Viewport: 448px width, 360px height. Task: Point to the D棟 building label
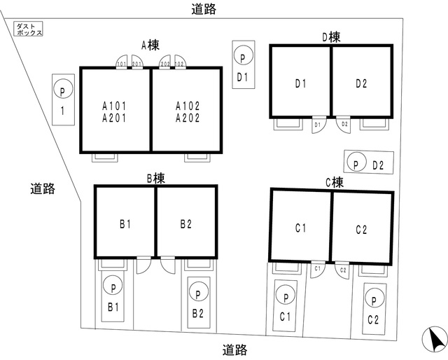pos(331,36)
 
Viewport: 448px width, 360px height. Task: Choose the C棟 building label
pos(334,182)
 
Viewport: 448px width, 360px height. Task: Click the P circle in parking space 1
pos(62,91)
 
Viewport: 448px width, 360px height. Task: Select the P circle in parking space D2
pos(356,164)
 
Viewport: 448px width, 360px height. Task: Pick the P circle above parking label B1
pos(112,286)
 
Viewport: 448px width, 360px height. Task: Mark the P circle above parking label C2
pos(374,300)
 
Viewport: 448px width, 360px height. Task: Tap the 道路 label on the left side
pos(43,188)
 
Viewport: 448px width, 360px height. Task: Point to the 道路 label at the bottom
pos(234,349)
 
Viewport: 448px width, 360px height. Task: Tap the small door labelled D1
pos(318,125)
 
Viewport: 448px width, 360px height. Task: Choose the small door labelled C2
pos(343,270)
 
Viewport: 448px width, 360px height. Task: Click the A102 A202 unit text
pos(188,112)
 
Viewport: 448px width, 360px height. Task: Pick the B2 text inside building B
pos(185,224)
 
